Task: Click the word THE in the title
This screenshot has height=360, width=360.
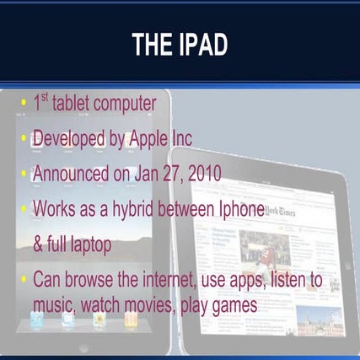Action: [153, 46]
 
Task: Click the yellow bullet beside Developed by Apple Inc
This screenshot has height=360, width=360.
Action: [23, 139]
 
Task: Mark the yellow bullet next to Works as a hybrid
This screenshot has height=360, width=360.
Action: [23, 209]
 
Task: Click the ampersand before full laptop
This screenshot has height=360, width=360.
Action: [39, 244]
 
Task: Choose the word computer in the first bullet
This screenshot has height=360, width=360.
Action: [126, 105]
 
